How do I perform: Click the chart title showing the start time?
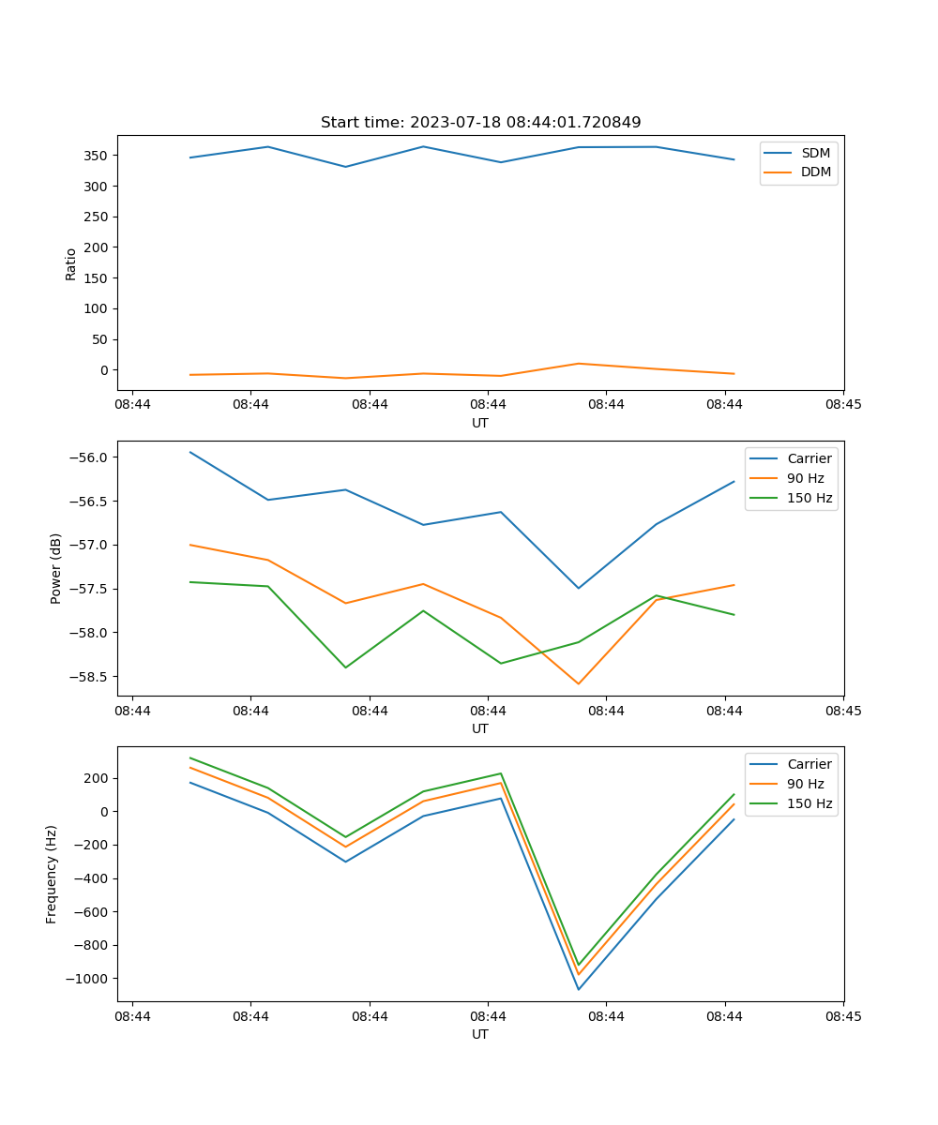pos(480,123)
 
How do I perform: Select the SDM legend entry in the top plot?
pos(815,153)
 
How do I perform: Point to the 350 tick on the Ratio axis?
pos(97,156)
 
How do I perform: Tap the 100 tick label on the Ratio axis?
pos(97,309)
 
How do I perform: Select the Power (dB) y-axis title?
pos(56,568)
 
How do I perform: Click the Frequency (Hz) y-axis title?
pos(52,874)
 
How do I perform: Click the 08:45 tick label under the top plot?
pos(843,405)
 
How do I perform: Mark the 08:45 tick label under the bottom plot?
pos(843,1016)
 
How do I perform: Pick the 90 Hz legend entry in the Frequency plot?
pos(807,784)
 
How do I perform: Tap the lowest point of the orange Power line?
pos(578,683)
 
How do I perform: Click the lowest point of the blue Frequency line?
pos(578,989)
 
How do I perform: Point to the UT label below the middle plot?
pos(480,728)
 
